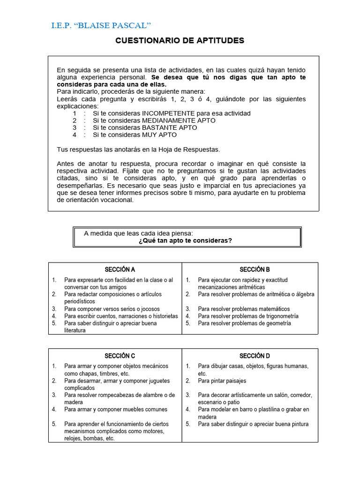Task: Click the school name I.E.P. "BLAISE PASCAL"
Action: tap(101, 25)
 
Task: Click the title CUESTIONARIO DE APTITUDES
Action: tap(180, 41)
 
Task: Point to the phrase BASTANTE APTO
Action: tap(170, 127)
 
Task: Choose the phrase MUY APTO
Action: tap(159, 135)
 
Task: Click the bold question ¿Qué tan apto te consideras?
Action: tap(185, 240)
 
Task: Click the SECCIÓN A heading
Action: tap(120, 270)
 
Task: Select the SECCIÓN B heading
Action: tap(255, 270)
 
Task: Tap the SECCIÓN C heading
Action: tap(120, 356)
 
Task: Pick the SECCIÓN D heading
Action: tap(255, 356)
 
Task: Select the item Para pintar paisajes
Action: tap(222, 381)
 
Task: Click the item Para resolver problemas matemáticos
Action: tap(244, 309)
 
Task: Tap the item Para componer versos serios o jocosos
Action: tap(112, 309)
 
